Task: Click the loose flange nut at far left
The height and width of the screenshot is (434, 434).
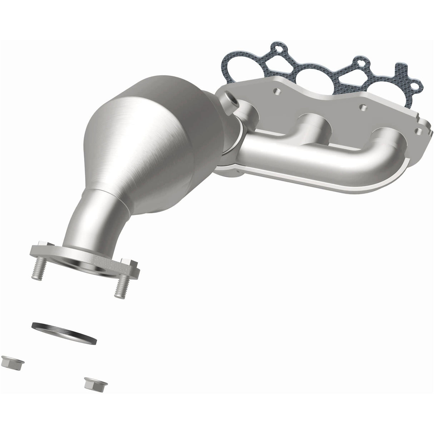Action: point(8,363)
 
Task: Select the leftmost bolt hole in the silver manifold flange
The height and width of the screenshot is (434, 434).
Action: point(277,92)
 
